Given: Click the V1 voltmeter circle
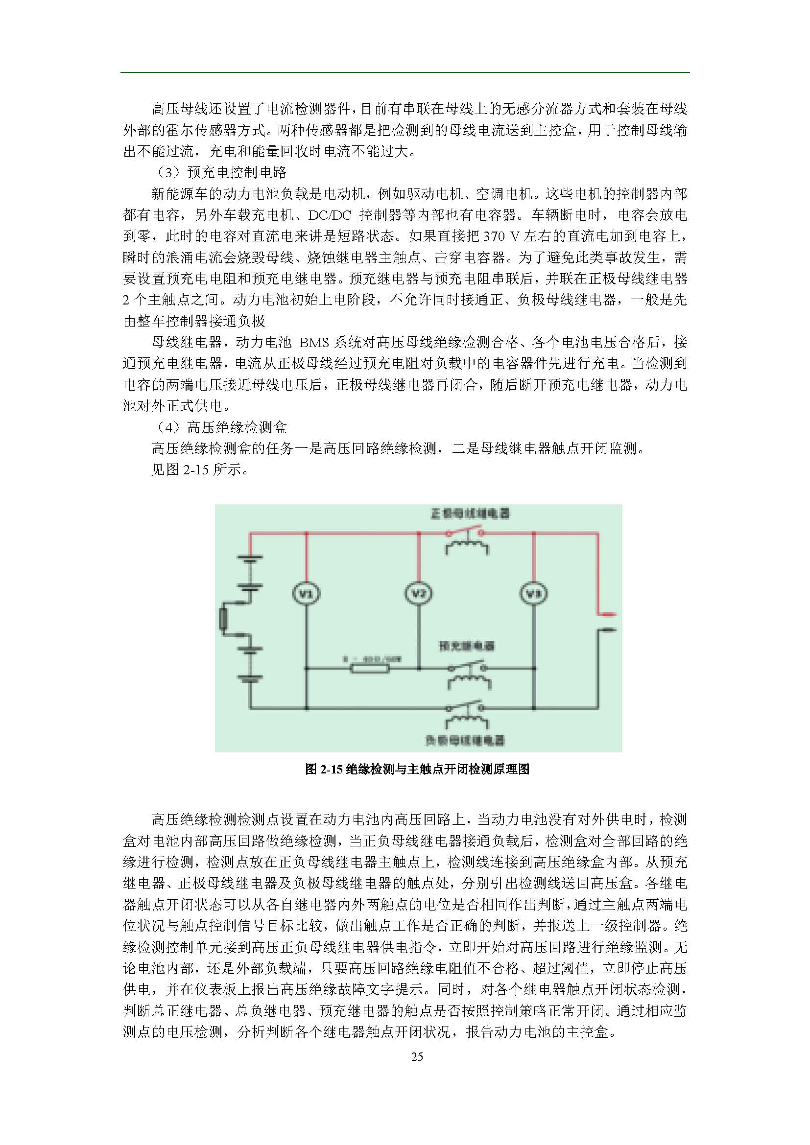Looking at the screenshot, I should (306, 593).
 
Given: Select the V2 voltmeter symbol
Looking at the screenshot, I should (418, 593).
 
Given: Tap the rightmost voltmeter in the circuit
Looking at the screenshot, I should (534, 593).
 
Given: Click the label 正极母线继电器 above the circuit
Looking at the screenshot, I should (470, 513).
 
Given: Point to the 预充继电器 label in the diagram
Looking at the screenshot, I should (466, 646).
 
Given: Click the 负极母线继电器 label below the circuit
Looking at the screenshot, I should (465, 740).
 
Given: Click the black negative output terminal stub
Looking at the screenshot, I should (607, 630).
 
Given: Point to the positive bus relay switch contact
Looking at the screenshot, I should (465, 532).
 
